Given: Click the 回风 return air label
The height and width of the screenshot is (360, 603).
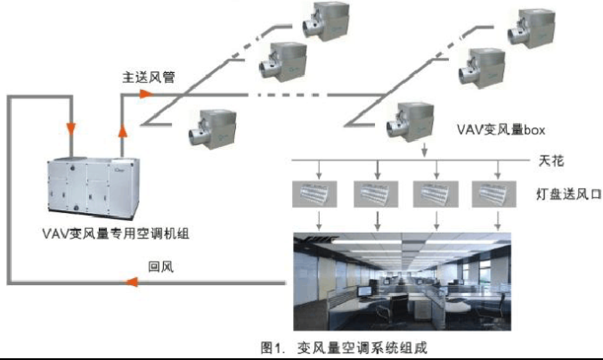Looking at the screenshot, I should coord(160,266).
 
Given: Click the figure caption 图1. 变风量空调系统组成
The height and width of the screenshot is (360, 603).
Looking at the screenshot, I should coord(345,347).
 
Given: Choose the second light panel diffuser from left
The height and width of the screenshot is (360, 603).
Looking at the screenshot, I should coord(374,193).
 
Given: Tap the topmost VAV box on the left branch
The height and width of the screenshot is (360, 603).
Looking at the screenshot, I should coord(323,20).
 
